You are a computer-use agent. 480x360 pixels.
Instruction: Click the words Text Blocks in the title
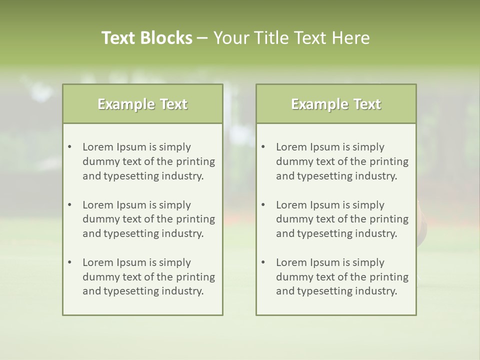pyautogui.click(x=146, y=38)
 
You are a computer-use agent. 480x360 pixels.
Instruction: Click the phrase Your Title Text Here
pyautogui.click(x=291, y=38)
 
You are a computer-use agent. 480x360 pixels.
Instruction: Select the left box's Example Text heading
pyautogui.click(x=142, y=104)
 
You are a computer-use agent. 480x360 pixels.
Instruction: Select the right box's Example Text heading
pyautogui.click(x=336, y=104)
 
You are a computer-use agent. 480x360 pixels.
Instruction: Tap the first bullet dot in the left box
pyautogui.click(x=70, y=147)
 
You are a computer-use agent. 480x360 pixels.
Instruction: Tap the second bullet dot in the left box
pyautogui.click(x=70, y=205)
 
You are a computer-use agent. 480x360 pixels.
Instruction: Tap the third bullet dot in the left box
pyautogui.click(x=70, y=262)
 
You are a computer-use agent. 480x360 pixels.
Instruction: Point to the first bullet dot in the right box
pyautogui.click(x=263, y=147)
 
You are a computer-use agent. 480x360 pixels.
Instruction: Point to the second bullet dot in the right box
pyautogui.click(x=263, y=205)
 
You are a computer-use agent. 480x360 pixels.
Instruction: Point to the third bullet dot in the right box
pyautogui.click(x=263, y=262)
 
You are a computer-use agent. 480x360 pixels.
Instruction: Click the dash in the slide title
pyautogui.click(x=202, y=38)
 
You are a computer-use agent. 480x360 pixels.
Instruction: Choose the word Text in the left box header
pyautogui.click(x=173, y=104)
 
